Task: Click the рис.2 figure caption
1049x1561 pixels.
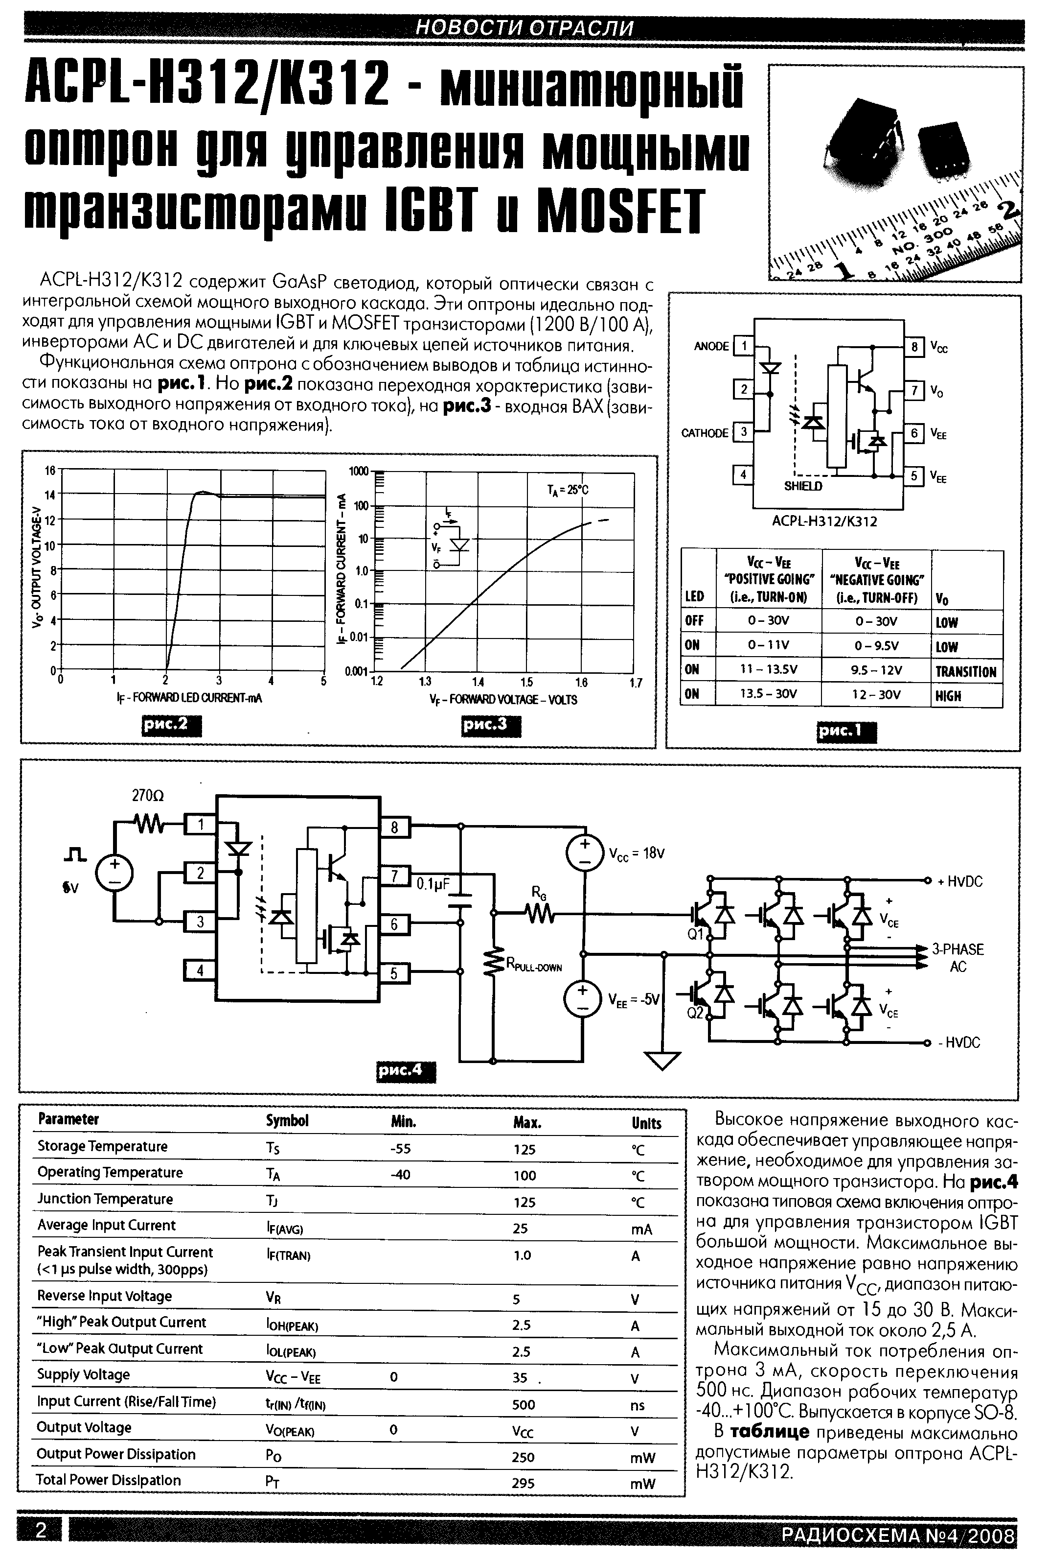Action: (x=171, y=726)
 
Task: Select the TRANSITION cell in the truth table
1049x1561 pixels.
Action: (x=965, y=671)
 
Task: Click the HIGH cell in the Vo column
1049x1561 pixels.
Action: (x=948, y=695)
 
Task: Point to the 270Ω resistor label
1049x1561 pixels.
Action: (x=147, y=796)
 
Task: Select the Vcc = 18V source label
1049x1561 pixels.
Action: (x=636, y=853)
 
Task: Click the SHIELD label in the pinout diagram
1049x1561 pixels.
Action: (x=803, y=487)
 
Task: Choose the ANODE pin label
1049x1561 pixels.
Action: (x=711, y=346)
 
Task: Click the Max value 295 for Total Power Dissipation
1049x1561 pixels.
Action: (x=523, y=1483)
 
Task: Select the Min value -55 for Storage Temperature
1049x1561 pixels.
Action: (x=400, y=1149)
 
